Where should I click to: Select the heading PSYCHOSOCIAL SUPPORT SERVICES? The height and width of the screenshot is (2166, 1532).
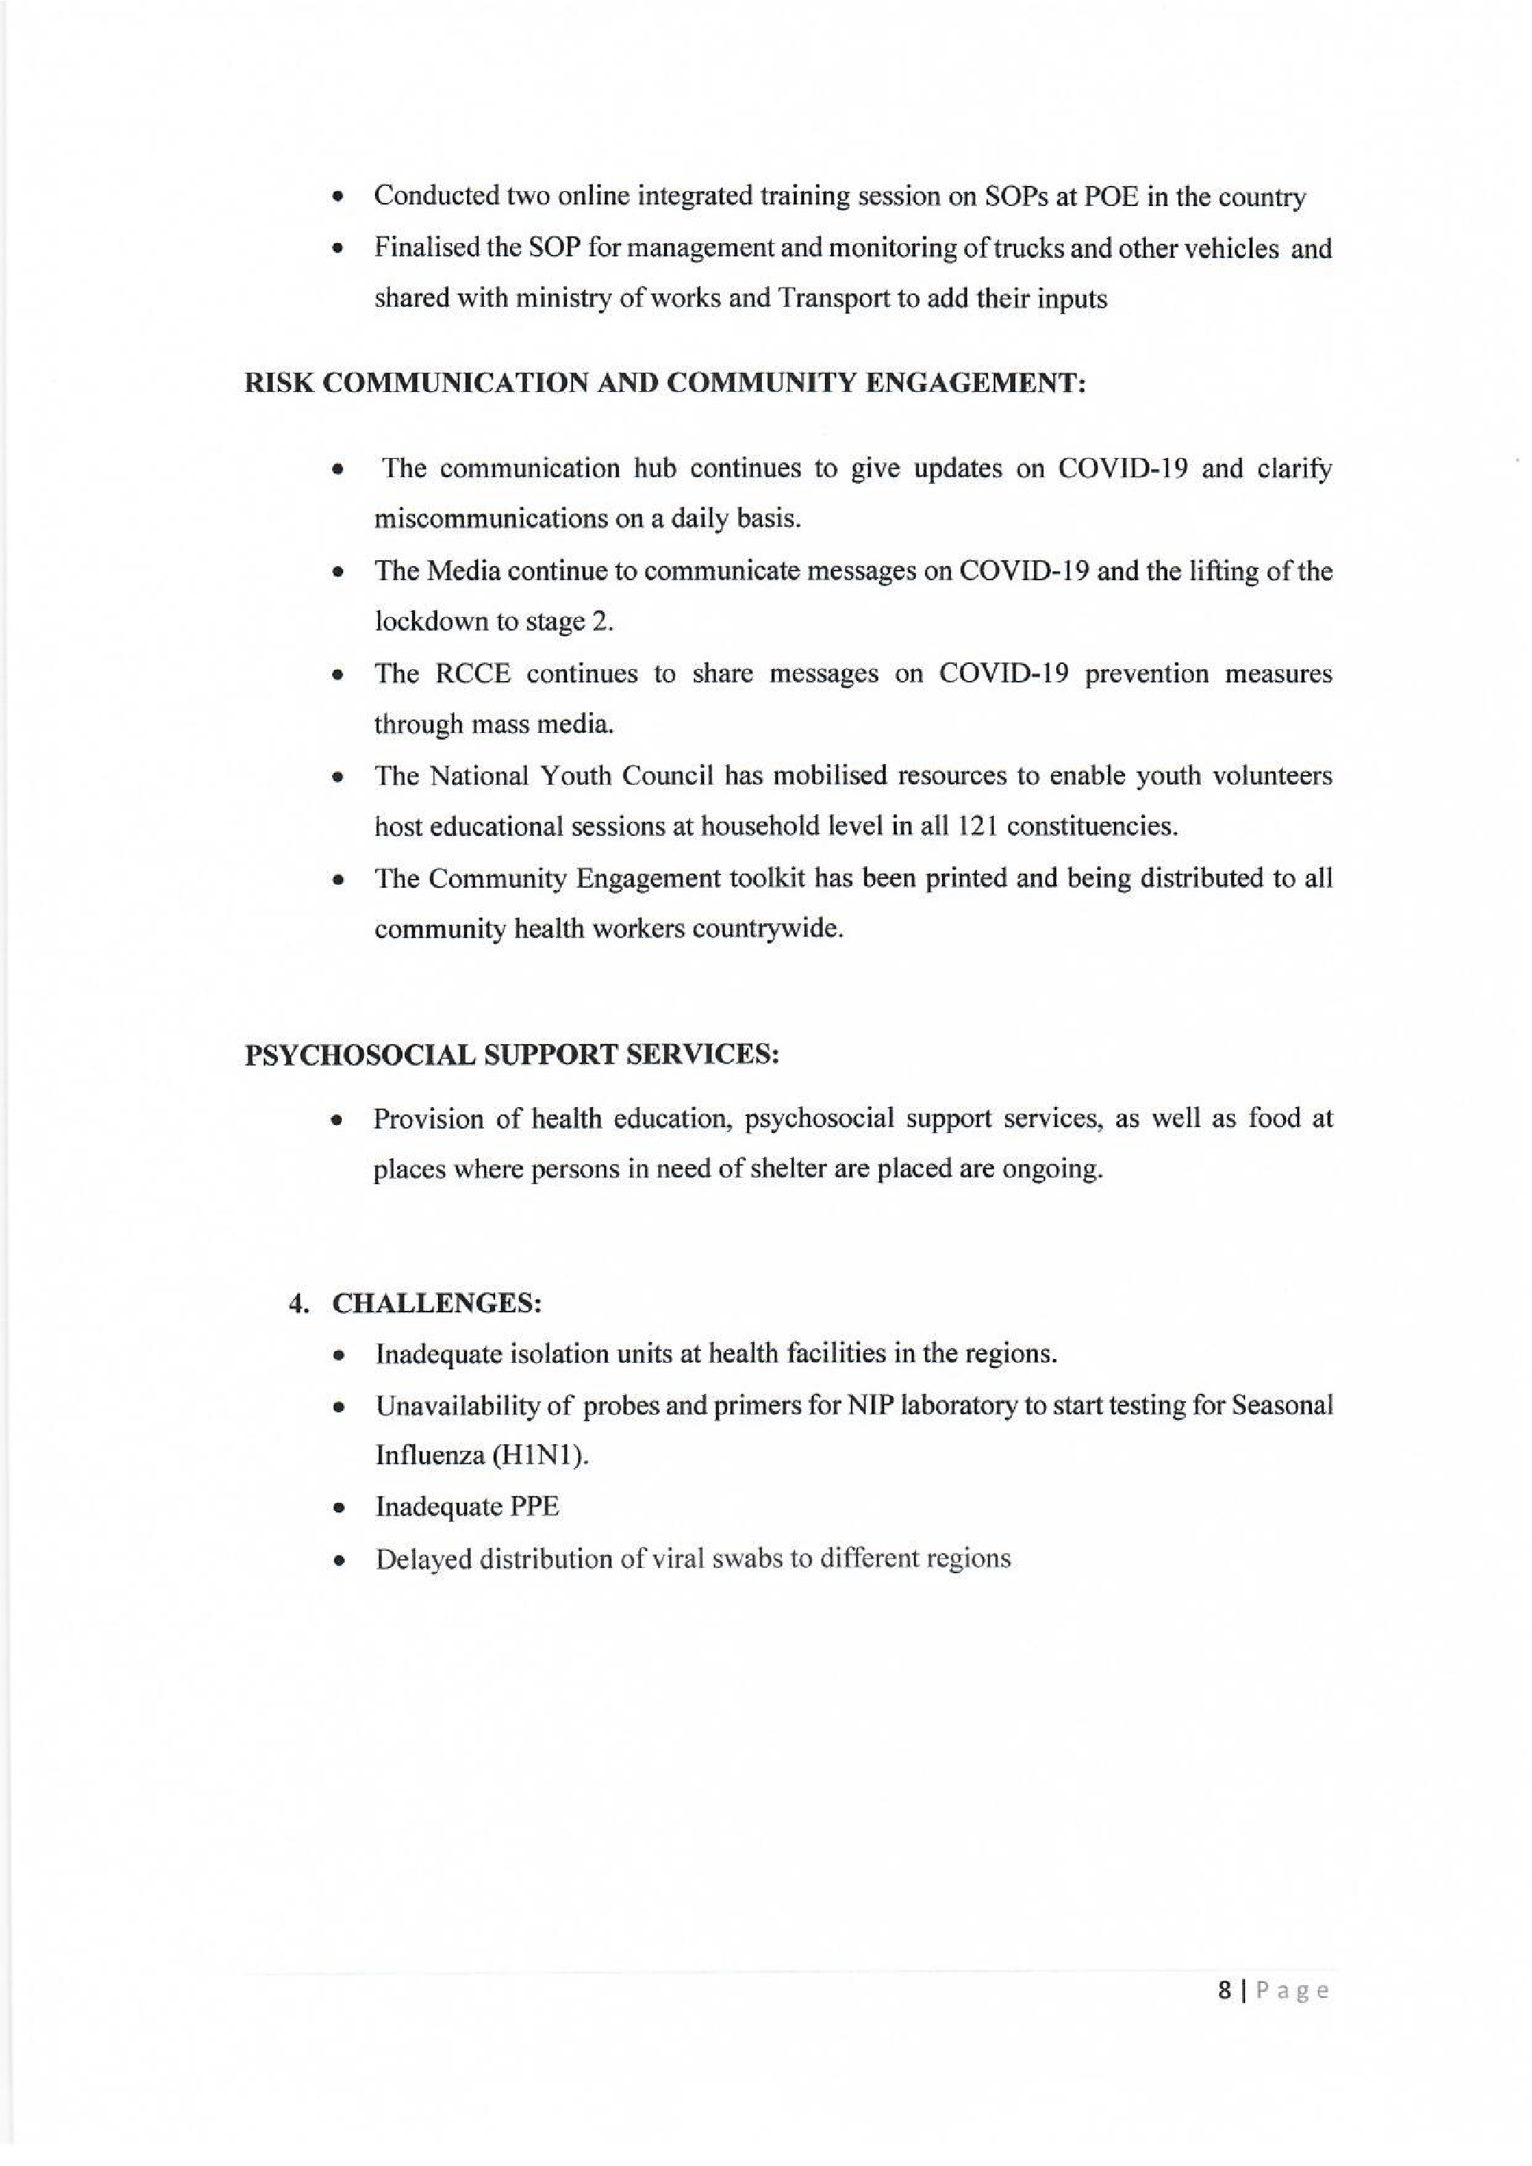512,1054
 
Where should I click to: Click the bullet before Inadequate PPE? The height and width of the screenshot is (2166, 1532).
336,1507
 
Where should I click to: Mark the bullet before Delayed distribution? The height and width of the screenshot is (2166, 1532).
336,1558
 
